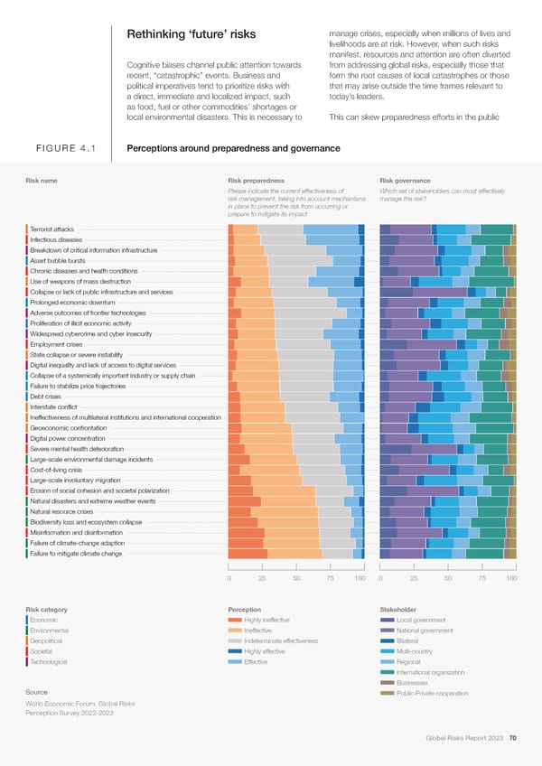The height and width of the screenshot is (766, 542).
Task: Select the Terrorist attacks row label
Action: coord(51,229)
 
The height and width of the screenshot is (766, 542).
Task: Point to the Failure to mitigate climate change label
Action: coord(76,554)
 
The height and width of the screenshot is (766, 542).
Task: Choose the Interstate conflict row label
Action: coord(53,407)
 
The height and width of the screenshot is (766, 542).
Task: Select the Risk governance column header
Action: coord(406,180)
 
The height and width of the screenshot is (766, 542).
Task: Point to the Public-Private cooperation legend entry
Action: coord(433,693)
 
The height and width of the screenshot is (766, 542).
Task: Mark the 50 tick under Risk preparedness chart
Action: coord(296,578)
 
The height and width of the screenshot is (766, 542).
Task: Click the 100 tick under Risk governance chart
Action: coord(511,578)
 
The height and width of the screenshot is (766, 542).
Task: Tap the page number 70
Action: coord(512,739)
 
